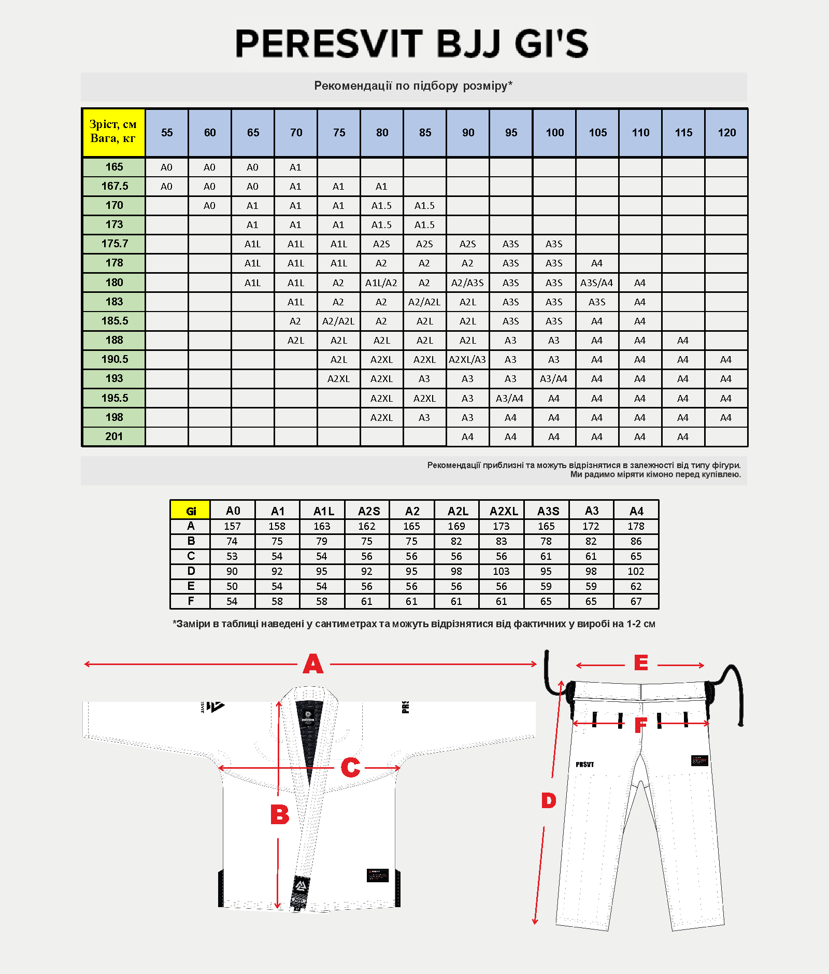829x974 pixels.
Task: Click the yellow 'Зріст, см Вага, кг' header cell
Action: click(x=113, y=132)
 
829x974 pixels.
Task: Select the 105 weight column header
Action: click(x=597, y=133)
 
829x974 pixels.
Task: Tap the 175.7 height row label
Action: click(x=115, y=244)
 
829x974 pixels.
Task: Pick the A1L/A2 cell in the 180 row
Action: click(x=381, y=283)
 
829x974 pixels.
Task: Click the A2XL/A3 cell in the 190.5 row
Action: click(x=467, y=360)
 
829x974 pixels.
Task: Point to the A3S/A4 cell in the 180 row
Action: click(x=596, y=283)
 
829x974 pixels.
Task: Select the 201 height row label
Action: click(x=114, y=436)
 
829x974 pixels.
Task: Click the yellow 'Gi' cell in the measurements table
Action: click(x=191, y=511)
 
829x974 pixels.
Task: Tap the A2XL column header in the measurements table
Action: click(x=504, y=511)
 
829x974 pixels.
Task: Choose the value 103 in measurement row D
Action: click(x=501, y=571)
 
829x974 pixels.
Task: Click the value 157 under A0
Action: click(x=232, y=526)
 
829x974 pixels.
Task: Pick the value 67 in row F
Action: click(x=636, y=601)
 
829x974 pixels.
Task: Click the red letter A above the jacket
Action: click(x=313, y=664)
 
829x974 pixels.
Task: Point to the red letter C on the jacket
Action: click(x=350, y=768)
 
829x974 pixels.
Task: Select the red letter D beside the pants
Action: click(x=549, y=801)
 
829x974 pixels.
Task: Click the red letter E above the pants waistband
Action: click(x=641, y=663)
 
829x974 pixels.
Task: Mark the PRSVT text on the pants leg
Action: click(x=585, y=764)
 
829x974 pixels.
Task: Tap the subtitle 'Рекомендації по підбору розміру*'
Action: click(x=413, y=86)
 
